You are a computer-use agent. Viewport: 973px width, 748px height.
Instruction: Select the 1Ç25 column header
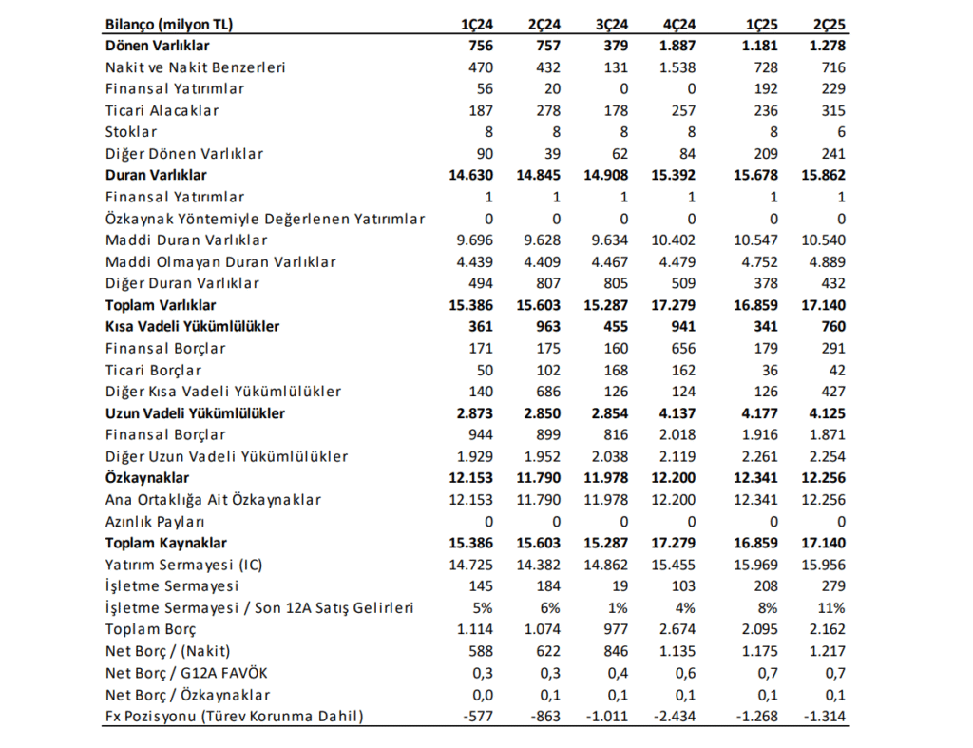[759, 24]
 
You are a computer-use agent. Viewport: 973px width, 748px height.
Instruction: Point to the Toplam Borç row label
[150, 629]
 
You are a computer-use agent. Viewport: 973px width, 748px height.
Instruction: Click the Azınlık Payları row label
[155, 521]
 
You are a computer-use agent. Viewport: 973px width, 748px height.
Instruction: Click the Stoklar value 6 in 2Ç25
[840, 132]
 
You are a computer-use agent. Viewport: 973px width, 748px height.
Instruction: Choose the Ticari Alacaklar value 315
[831, 110]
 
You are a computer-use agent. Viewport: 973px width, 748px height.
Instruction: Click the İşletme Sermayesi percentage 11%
[830, 607]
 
